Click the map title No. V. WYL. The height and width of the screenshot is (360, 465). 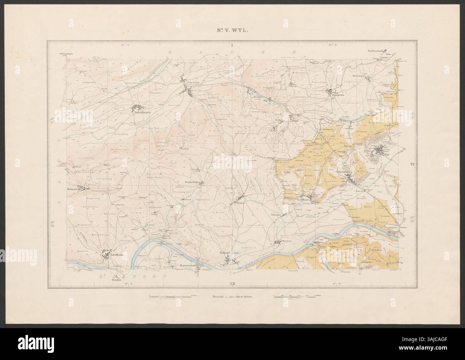(232, 31)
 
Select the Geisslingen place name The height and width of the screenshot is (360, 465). (142, 114)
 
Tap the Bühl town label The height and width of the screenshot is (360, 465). (295, 121)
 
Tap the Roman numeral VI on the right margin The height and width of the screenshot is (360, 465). (412, 165)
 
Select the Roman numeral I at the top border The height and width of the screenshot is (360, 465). (232, 45)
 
